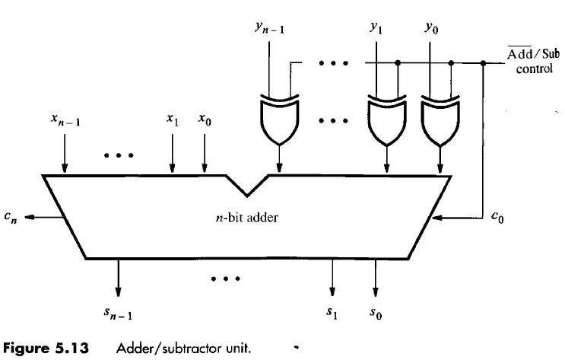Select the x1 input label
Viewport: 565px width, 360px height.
point(173,119)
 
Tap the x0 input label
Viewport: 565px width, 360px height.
point(204,119)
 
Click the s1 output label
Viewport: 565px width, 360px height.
point(332,311)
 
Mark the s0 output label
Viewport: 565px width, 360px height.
point(376,311)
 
